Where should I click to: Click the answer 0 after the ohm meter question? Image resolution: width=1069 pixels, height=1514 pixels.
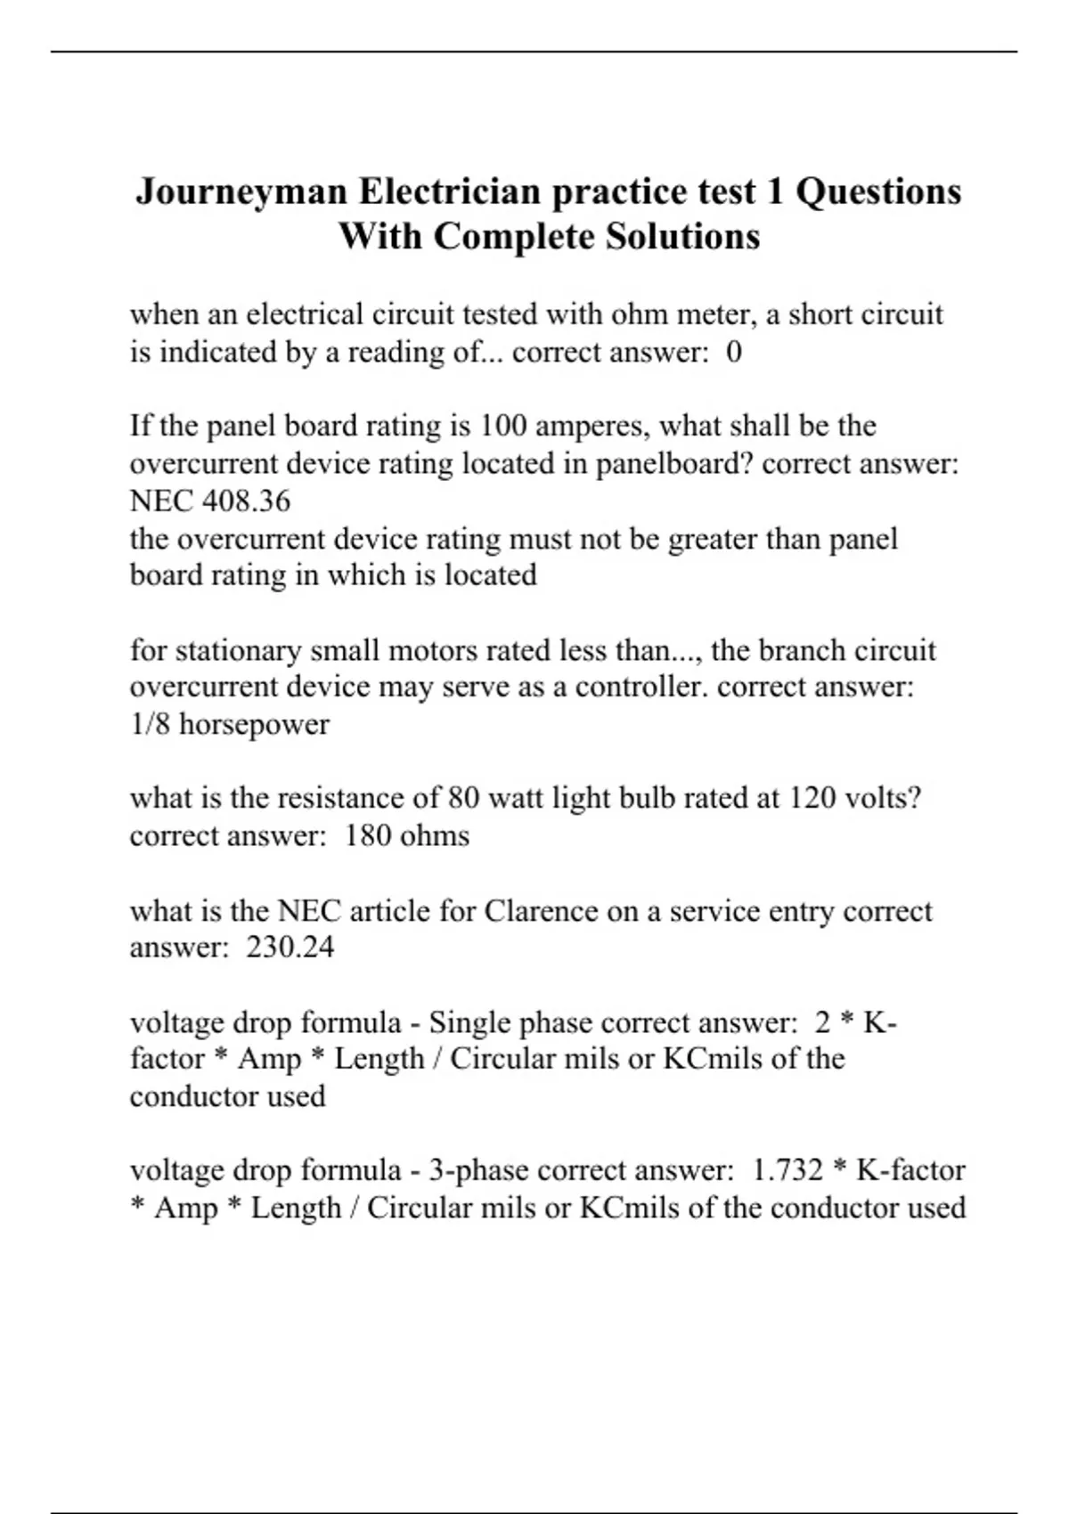[x=733, y=353]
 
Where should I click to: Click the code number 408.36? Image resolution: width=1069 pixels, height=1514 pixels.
[x=246, y=501]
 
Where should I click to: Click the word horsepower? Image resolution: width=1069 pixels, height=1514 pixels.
[x=254, y=724]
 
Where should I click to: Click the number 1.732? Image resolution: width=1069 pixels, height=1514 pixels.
[x=787, y=1170]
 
